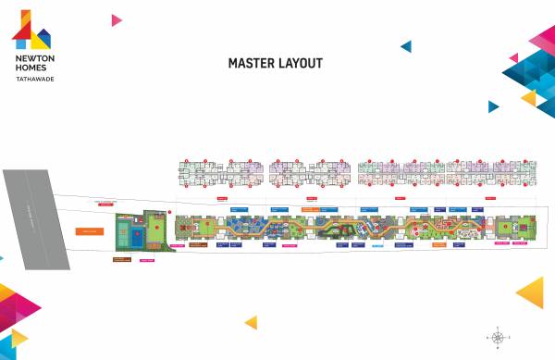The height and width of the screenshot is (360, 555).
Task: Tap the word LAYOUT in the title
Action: (x=302, y=64)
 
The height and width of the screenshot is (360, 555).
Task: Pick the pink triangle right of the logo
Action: (x=117, y=19)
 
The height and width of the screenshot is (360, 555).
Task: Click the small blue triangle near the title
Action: (x=405, y=45)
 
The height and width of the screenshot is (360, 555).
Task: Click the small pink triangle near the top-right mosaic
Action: (x=513, y=57)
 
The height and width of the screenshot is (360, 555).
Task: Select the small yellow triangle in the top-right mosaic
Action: (x=529, y=97)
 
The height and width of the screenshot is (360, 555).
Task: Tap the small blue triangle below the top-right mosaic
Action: (x=494, y=106)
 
